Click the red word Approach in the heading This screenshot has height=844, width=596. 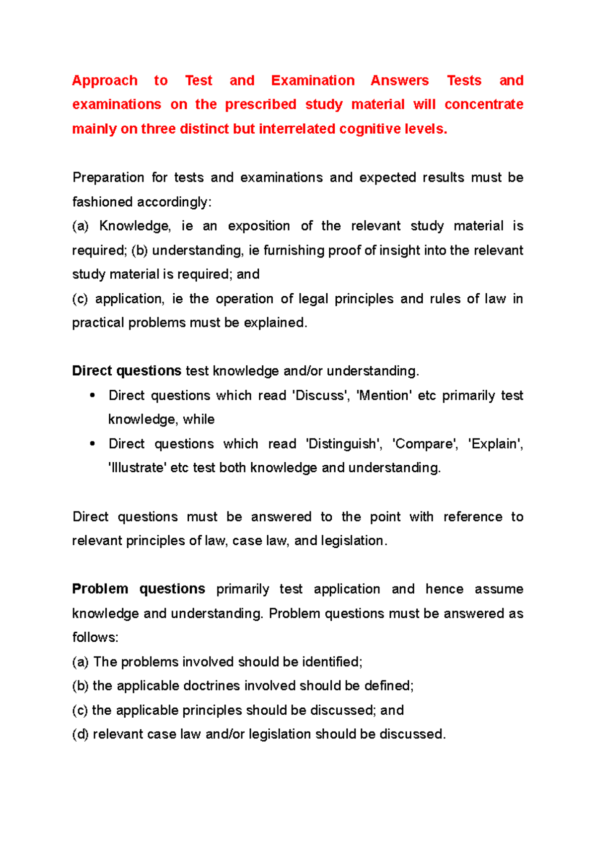coord(105,81)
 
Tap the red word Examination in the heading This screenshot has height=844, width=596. coord(313,81)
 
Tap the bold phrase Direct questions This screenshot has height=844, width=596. coord(127,371)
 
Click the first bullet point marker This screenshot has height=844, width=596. coord(92,396)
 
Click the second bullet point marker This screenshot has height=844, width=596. coord(92,444)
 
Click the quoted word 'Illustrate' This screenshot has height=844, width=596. coord(137,468)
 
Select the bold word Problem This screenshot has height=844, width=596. coord(100,589)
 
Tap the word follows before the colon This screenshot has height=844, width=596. coord(94,637)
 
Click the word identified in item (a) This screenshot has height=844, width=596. coord(331,662)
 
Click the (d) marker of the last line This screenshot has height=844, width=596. coord(80,734)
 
